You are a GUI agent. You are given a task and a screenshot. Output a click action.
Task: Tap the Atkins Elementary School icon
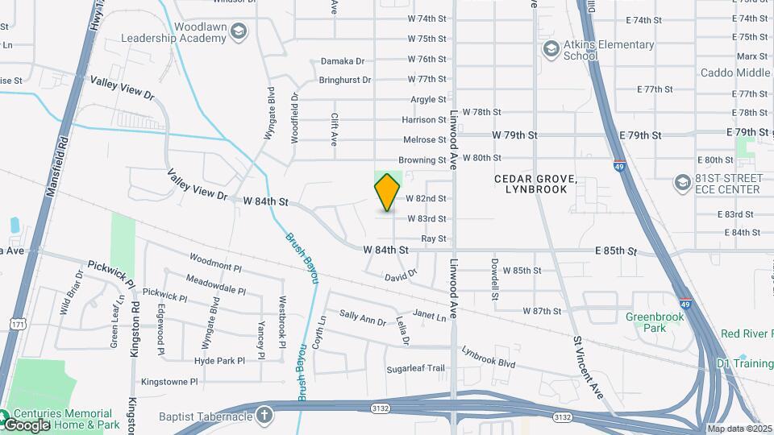tap(551, 50)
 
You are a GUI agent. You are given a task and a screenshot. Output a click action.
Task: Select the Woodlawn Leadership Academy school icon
tap(238, 31)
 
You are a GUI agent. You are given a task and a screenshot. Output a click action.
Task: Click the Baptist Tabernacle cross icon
tap(263, 416)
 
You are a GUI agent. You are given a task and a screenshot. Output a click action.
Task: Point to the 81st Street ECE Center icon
tap(683, 183)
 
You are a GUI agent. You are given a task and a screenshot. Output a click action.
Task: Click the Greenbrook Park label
tap(655, 322)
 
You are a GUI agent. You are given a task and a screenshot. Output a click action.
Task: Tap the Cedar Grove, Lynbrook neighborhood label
tap(536, 184)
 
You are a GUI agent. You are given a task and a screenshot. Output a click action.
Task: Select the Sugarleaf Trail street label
tap(415, 368)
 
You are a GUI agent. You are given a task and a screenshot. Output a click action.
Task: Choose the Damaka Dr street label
tap(343, 60)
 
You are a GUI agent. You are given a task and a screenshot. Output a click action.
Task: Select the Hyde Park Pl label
tap(219, 360)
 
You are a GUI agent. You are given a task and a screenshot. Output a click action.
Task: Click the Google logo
tap(27, 425)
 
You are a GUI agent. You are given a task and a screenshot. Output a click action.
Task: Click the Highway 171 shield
tap(18, 324)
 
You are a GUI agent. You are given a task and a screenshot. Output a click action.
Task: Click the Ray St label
tap(434, 238)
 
